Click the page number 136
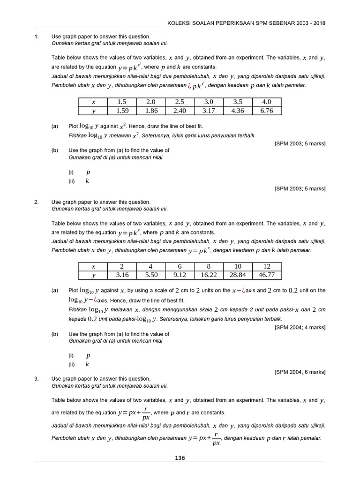(x=180, y=458)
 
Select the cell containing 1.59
(x=122, y=111)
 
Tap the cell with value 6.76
(x=267, y=111)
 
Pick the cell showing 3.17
(x=209, y=111)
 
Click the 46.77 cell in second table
(x=267, y=275)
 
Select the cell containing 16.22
(x=209, y=275)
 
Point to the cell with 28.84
(x=238, y=275)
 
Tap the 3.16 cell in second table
(x=122, y=275)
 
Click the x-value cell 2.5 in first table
(x=180, y=102)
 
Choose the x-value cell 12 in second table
(x=267, y=266)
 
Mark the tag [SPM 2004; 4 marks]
(x=300, y=327)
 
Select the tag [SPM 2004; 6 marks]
(x=300, y=372)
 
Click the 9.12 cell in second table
(x=180, y=275)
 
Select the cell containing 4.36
(x=238, y=111)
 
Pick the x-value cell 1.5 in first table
(x=122, y=102)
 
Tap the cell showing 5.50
(x=151, y=275)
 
